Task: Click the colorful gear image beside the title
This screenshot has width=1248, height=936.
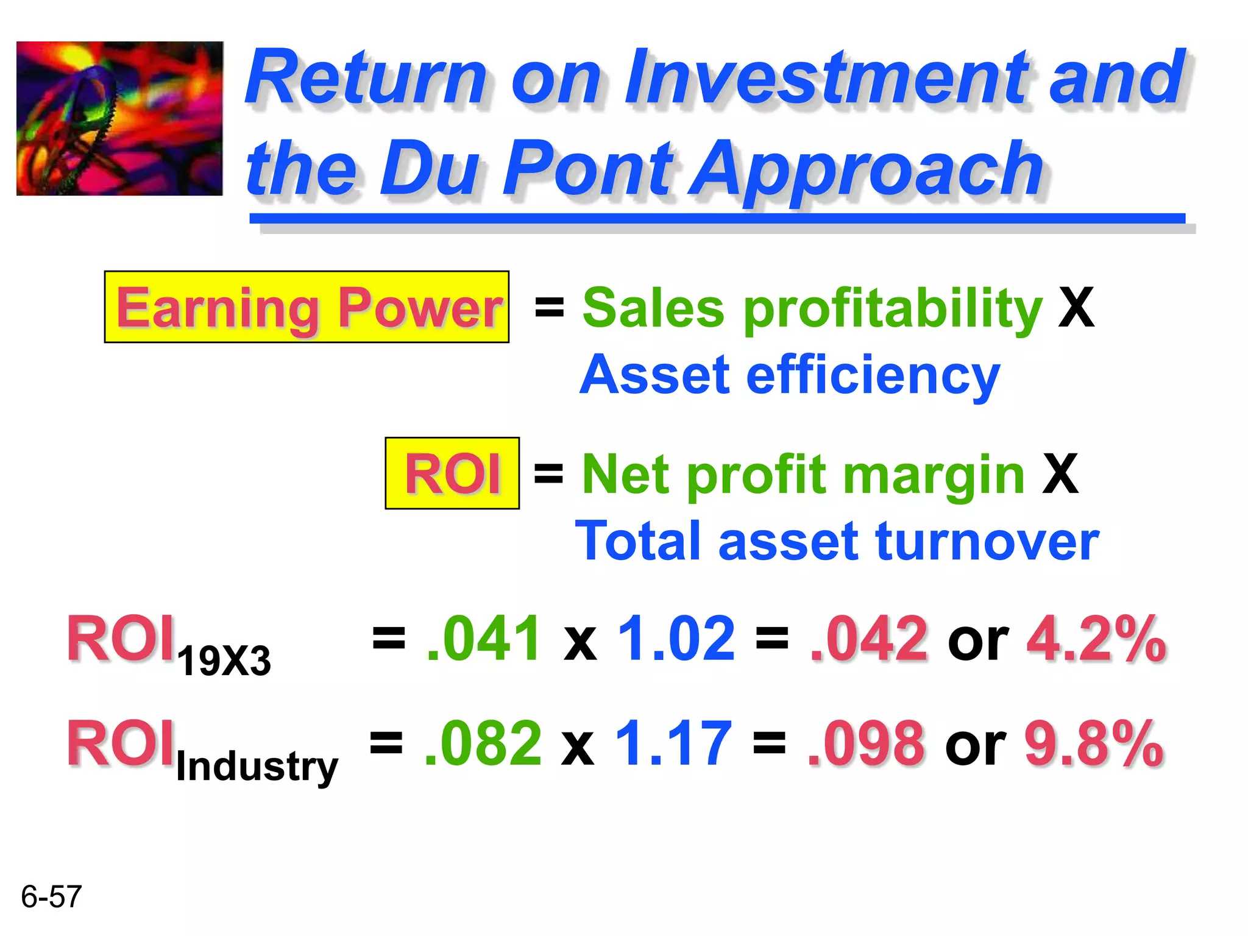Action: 119,118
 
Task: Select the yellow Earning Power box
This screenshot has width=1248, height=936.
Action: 307,307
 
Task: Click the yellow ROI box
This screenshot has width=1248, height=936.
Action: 452,473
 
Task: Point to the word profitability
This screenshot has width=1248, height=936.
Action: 892,308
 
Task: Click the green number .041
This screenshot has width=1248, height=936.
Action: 483,638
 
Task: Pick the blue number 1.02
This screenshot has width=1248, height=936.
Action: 676,638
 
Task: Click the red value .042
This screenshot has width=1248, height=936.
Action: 869,638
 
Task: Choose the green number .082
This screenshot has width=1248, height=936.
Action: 482,743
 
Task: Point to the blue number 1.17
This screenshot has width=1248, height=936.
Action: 673,743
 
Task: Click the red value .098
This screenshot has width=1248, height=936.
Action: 866,743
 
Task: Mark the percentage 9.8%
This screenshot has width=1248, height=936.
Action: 1094,743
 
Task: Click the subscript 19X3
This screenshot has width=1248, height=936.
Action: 224,661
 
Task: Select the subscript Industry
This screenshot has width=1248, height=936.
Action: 257,767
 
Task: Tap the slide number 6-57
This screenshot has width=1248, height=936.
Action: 51,896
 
